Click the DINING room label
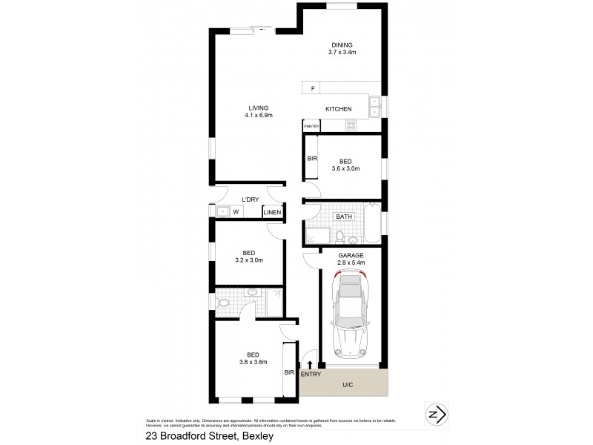click(x=342, y=44)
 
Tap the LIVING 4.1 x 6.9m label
click(x=259, y=108)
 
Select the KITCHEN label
click(x=338, y=109)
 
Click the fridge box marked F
click(x=313, y=89)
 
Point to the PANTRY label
click(x=311, y=127)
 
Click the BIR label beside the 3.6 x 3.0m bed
click(x=311, y=159)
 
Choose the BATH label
click(x=343, y=217)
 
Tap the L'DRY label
click(x=251, y=199)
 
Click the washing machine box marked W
click(x=236, y=212)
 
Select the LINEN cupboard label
click(x=272, y=213)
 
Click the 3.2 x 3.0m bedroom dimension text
click(x=249, y=260)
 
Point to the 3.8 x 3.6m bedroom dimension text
click(x=252, y=361)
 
